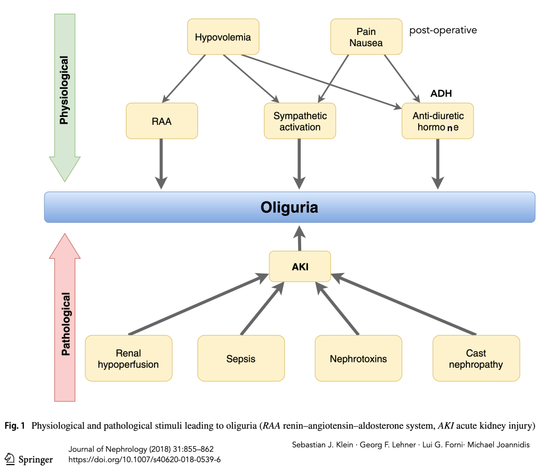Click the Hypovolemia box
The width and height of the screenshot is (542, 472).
coord(223,37)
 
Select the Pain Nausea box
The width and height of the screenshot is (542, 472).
coord(366,37)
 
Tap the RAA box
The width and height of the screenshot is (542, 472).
coord(161,121)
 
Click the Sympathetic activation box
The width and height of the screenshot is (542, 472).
coord(300,121)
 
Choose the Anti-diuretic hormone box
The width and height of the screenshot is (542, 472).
coord(437,121)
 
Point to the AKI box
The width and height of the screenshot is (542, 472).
coord(300,267)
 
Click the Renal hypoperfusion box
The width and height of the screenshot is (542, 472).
coord(129,358)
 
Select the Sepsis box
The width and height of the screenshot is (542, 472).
coord(241,358)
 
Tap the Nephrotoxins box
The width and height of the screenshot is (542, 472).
coord(358,358)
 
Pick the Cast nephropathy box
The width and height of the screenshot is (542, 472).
coord(476,358)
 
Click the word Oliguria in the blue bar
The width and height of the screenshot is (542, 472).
coord(289,207)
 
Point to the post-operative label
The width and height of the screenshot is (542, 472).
coord(443,30)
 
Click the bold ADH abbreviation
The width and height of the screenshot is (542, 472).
coord(441,94)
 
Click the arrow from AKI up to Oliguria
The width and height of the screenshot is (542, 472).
coord(300,238)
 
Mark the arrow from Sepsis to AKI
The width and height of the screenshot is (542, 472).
coord(262,310)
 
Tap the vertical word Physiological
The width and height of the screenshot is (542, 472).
coord(64,90)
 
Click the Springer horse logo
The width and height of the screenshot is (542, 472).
coord(10,458)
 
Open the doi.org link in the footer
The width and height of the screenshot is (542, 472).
coord(144,459)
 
